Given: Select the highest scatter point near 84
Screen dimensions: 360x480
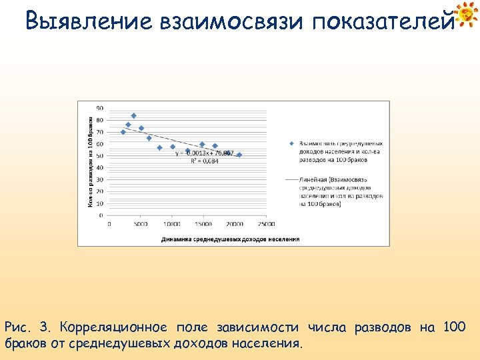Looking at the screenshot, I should (x=133, y=115).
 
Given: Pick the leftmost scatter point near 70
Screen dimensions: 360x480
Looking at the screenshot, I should (x=123, y=132).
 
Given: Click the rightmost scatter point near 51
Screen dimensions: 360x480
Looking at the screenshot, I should (x=239, y=155).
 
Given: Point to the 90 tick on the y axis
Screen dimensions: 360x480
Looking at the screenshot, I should (x=99, y=108).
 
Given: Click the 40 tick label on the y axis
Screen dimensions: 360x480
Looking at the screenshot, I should (x=99, y=167).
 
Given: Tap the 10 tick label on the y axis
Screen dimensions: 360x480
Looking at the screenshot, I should (x=99, y=203).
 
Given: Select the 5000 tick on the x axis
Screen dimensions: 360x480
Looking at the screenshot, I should (x=141, y=224).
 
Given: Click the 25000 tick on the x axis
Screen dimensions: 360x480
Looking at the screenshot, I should (x=266, y=224).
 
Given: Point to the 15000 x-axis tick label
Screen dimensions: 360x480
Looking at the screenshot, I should (x=203, y=224).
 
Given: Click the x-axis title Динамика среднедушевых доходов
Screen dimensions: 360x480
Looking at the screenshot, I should (x=229, y=239).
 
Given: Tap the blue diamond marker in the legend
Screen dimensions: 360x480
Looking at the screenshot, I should (x=291, y=143).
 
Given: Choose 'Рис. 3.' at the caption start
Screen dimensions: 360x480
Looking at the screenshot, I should (x=27, y=327).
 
